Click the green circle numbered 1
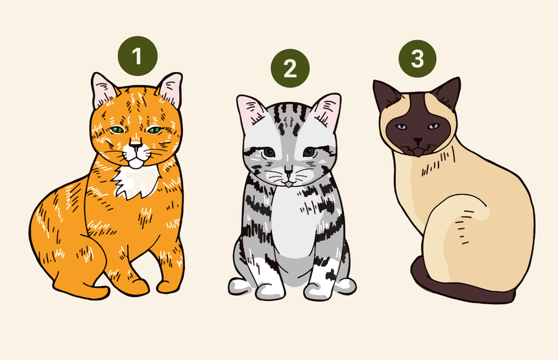click(138, 56)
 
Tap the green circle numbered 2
click(290, 68)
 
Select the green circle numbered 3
click(417, 58)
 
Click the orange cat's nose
click(135, 145)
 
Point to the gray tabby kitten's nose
click(288, 172)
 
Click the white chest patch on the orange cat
click(137, 182)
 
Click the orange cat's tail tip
click(100, 293)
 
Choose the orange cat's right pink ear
click(171, 89)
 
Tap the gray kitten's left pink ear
click(251, 111)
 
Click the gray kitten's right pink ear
click(328, 110)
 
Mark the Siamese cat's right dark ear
click(448, 93)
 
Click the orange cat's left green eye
click(117, 130)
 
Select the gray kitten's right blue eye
click(309, 152)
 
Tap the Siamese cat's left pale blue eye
click(402, 127)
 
